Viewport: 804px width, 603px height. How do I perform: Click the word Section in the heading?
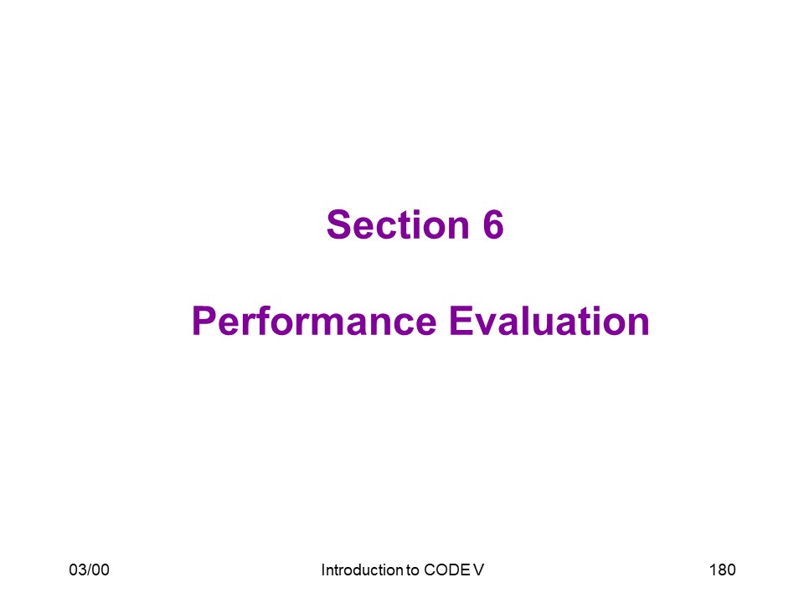(x=398, y=224)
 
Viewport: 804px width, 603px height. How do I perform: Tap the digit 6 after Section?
(x=493, y=224)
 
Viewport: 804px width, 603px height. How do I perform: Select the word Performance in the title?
(x=314, y=322)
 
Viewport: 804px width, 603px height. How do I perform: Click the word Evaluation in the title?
(x=549, y=321)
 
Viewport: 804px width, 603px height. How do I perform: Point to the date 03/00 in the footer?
(x=90, y=569)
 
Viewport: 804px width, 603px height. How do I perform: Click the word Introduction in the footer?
(x=362, y=569)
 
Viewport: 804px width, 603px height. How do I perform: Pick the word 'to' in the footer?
(x=413, y=570)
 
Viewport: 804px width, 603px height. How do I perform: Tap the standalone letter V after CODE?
(x=478, y=569)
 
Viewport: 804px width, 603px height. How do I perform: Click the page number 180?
(x=723, y=569)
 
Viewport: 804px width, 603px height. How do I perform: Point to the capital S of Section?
(x=339, y=224)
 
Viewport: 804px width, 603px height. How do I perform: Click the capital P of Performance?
(x=204, y=321)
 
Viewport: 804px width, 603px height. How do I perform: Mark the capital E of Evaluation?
(x=461, y=321)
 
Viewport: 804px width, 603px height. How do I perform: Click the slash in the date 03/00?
(x=90, y=569)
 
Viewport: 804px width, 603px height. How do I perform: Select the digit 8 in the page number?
(x=722, y=569)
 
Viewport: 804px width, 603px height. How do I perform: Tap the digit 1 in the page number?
(x=713, y=569)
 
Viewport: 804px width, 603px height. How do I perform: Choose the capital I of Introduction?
(x=323, y=569)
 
